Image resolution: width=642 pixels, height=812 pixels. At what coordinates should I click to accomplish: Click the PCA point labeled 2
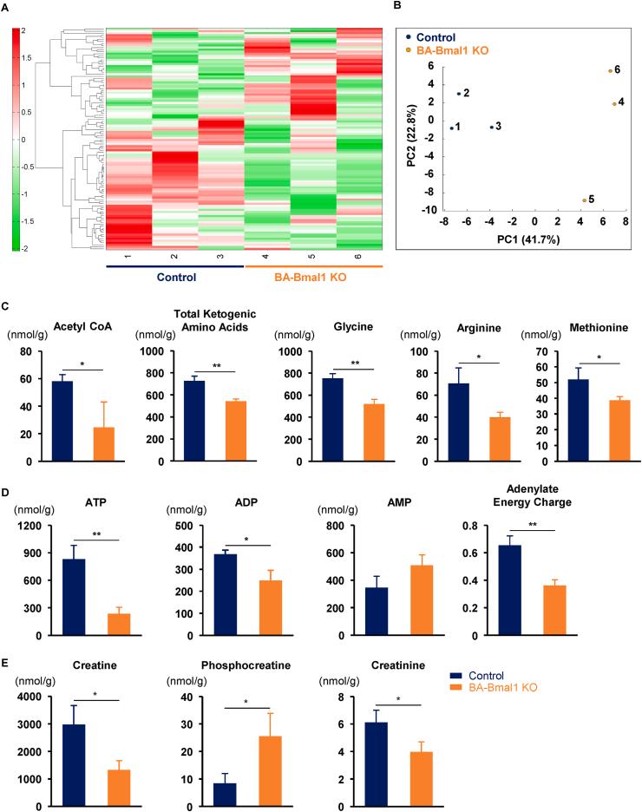(x=458, y=94)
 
